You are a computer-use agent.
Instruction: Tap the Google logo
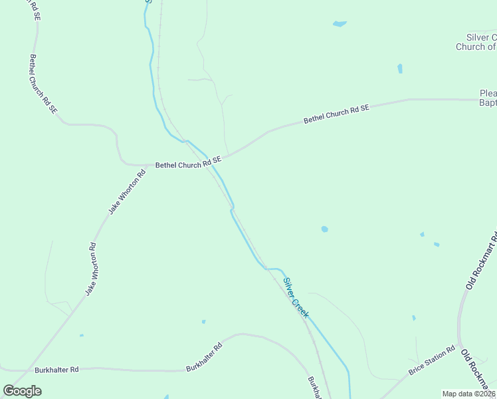click(23, 390)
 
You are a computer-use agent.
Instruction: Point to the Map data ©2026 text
click(468, 394)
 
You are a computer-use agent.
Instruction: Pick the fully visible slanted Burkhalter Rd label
click(203, 357)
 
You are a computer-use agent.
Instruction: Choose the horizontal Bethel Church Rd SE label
click(187, 164)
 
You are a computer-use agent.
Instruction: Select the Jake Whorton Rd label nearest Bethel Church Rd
click(127, 193)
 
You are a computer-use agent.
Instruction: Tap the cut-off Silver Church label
click(476, 42)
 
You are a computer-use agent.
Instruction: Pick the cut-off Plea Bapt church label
click(488, 98)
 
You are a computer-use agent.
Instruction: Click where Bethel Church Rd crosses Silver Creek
click(214, 160)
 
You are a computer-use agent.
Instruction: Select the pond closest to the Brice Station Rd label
click(413, 318)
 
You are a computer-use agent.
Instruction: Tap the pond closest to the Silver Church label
click(400, 68)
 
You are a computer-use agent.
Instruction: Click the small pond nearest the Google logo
click(82, 335)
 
